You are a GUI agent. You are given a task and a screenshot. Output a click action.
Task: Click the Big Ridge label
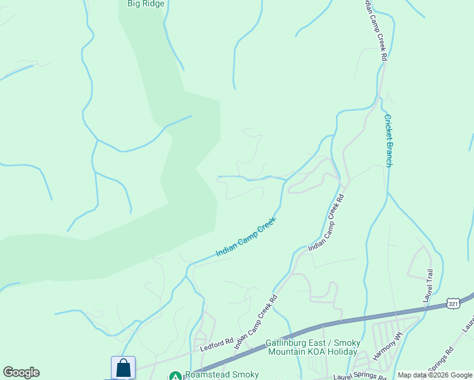click(146, 4)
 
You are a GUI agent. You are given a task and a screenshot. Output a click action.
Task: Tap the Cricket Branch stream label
click(388, 141)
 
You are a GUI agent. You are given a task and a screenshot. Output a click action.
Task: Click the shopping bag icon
click(123, 368)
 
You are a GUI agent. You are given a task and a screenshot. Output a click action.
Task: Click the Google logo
click(21, 372)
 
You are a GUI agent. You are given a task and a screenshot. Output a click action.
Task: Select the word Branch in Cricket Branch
click(388, 154)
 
